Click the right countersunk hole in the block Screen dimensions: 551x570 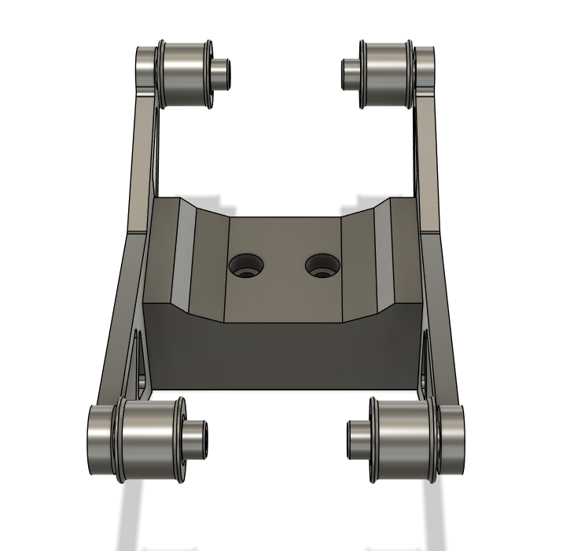pyautogui.click(x=322, y=265)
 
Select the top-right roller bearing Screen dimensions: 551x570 pyautogui.click(x=385, y=70)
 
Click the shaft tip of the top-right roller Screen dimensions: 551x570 pyautogui.click(x=348, y=72)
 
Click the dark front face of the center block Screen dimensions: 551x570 pyautogui.click(x=283, y=354)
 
